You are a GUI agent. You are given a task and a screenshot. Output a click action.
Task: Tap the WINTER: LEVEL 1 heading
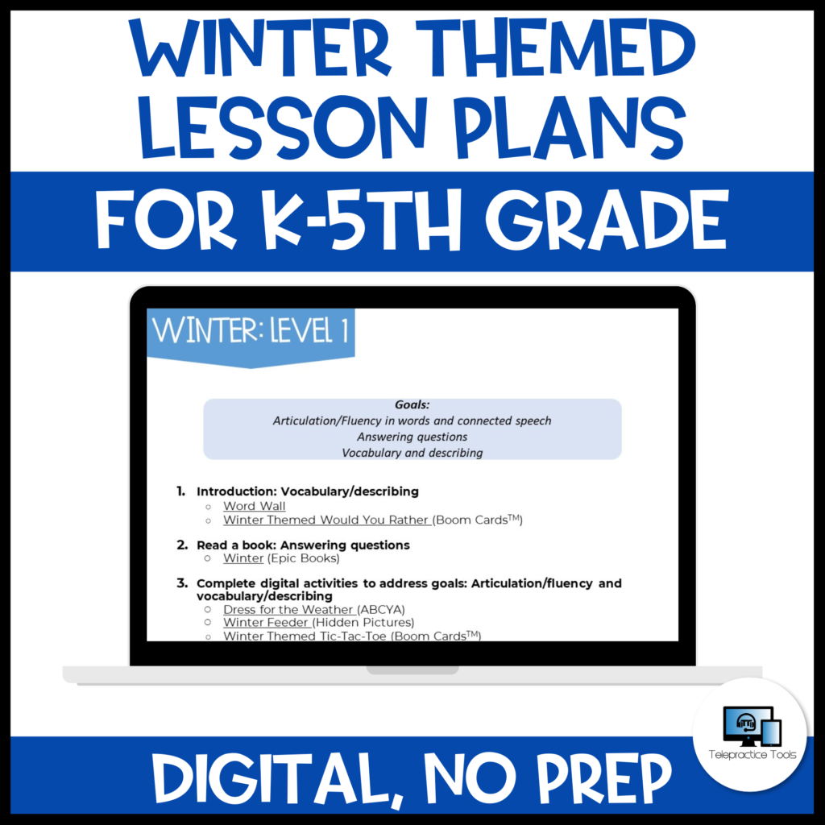pyautogui.click(x=251, y=332)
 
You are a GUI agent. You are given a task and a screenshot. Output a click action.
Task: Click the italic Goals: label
pyautogui.click(x=412, y=404)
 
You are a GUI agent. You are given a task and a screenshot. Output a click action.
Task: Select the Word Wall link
pyautogui.click(x=255, y=506)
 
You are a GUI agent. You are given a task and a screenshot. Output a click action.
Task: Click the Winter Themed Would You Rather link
pyautogui.click(x=326, y=520)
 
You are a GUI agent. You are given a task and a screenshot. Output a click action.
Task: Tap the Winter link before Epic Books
pyautogui.click(x=243, y=558)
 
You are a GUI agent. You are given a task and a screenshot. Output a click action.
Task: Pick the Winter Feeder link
pyautogui.click(x=267, y=623)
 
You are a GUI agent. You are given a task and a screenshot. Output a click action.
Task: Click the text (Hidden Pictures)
pyautogui.click(x=363, y=623)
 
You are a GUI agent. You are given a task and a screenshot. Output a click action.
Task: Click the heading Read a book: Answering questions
pyautogui.click(x=303, y=545)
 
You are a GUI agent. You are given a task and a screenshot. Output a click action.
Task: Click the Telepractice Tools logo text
pyautogui.click(x=750, y=755)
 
